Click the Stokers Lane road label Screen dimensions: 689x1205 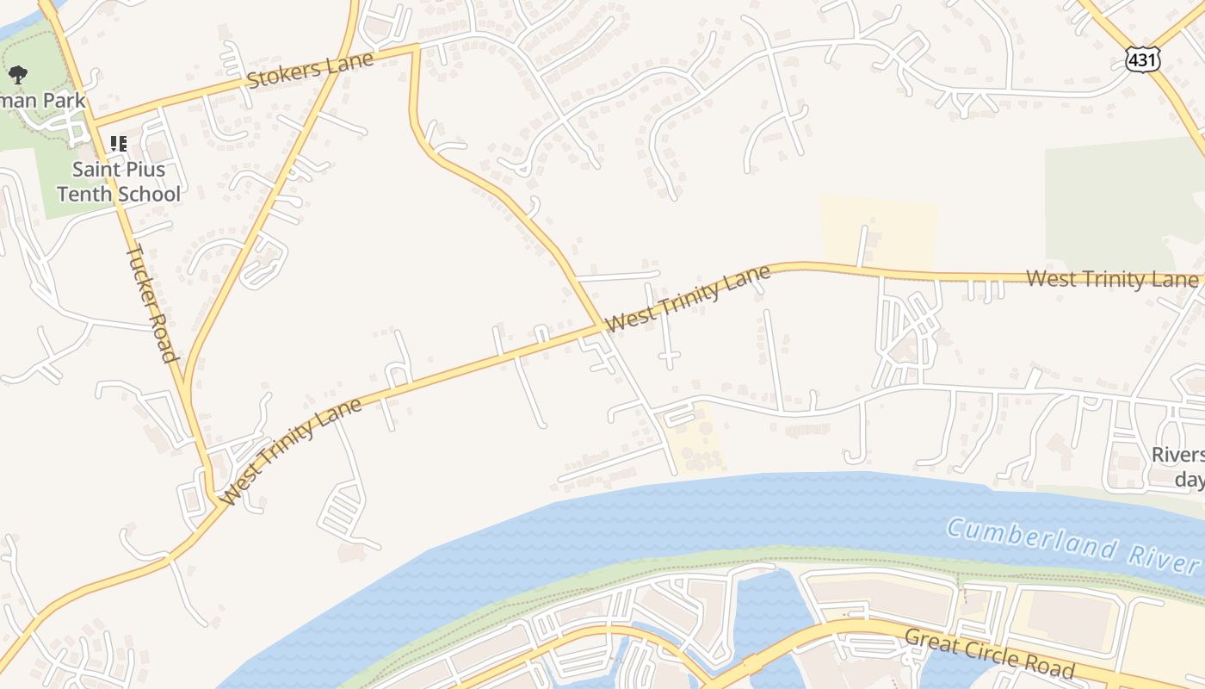[x=310, y=70]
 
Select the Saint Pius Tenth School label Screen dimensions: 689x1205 [x=119, y=182]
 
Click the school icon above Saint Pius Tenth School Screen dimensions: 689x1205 [x=119, y=144]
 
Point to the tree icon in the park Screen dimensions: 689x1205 [x=17, y=75]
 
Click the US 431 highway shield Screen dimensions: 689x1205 [x=1142, y=59]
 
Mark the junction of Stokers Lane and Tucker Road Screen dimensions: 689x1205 [x=93, y=122]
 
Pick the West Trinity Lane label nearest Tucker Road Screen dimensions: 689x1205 [x=290, y=451]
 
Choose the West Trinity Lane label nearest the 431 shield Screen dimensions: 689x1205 [x=1111, y=279]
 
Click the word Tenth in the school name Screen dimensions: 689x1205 [x=83, y=194]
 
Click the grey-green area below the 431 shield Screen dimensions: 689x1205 [x=1119, y=202]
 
